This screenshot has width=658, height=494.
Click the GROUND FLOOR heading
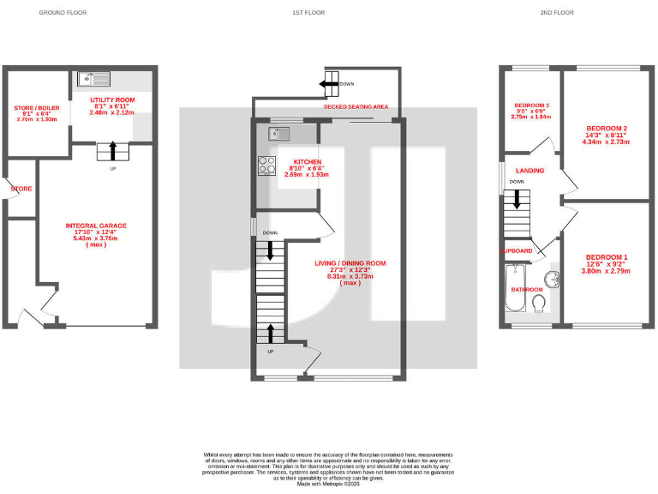point(63,14)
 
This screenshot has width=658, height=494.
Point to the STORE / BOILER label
point(35,108)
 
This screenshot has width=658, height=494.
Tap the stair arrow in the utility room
point(112,151)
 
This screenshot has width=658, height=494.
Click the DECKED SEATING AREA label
point(356,106)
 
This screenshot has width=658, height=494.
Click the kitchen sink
point(278,133)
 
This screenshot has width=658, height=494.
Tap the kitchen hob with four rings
point(265,165)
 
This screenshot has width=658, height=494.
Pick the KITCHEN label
point(307,162)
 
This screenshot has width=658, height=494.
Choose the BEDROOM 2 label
point(607,128)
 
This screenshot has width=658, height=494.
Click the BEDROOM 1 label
point(607,257)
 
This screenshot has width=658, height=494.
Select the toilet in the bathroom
point(538,304)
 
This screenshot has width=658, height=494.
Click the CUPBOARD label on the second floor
point(517,250)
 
